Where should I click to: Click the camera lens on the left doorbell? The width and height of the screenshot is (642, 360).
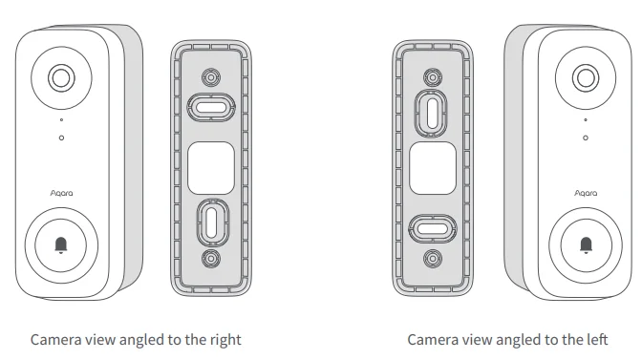tap(60, 78)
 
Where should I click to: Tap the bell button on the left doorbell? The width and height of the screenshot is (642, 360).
tap(61, 244)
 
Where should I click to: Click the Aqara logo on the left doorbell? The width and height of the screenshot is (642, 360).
tap(61, 192)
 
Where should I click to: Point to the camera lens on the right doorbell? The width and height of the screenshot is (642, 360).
tap(585, 78)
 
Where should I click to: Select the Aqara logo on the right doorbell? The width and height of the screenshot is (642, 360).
tap(585, 192)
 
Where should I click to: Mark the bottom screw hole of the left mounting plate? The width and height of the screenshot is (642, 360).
tap(208, 258)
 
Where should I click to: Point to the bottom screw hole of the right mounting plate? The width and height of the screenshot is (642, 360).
tap(432, 258)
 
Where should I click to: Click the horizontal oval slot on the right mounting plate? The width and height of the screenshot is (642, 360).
tap(432, 227)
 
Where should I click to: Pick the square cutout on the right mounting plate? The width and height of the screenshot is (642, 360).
tap(432, 166)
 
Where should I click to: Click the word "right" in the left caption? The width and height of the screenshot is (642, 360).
tap(223, 340)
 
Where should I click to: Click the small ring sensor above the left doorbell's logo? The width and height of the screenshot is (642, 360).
tap(61, 138)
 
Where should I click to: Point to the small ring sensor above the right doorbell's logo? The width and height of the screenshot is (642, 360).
tap(585, 138)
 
